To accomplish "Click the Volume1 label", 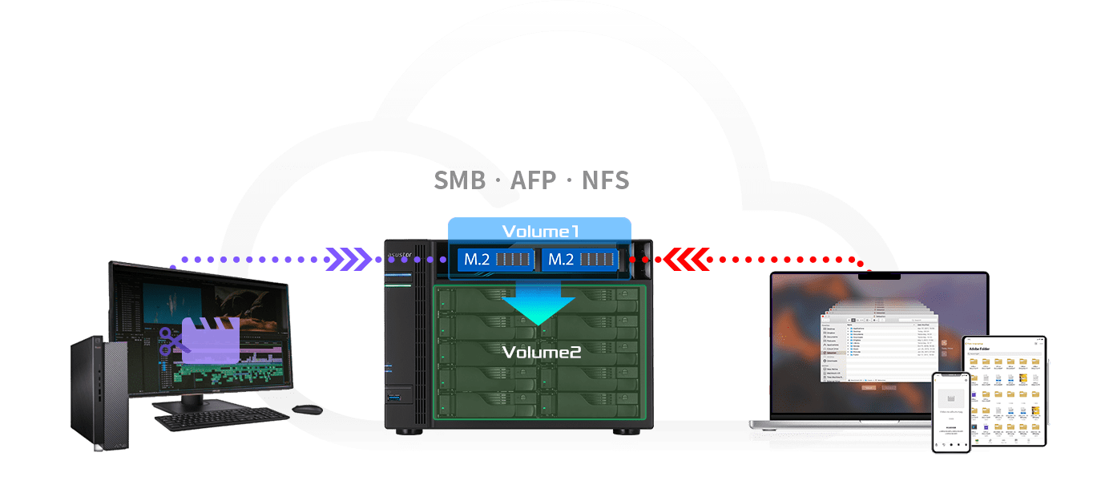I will (540, 231).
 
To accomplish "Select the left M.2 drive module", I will (493, 259).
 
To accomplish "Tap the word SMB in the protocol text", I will (459, 180).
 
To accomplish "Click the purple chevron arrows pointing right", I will (352, 258).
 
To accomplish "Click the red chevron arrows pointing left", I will (686, 258).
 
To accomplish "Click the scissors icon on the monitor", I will (170, 341).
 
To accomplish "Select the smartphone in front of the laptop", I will (951, 411).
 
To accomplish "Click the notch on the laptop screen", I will (879, 276).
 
